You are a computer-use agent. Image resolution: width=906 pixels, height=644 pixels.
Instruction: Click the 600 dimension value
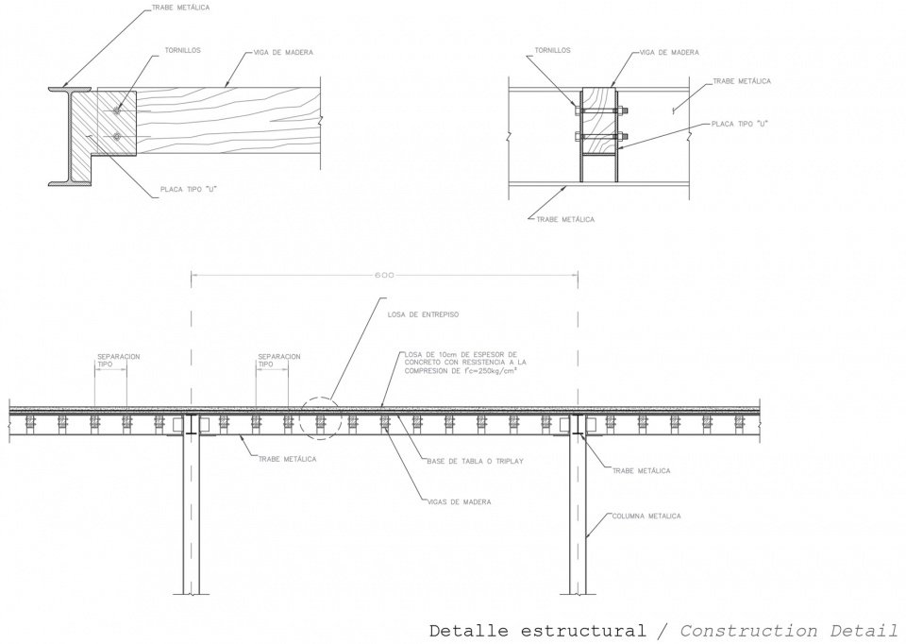(384, 276)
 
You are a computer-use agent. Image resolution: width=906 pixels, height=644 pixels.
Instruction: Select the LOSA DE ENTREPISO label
(423, 314)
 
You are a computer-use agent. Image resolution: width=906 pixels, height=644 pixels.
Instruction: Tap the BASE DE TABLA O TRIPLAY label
(461, 460)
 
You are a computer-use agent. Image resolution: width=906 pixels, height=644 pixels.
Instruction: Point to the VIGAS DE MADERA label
(460, 501)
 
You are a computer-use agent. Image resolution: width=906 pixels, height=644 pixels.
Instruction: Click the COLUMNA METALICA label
(646, 517)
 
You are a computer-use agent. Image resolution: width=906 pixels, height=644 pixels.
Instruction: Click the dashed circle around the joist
(319, 418)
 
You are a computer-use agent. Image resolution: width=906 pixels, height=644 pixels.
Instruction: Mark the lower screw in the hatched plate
(117, 137)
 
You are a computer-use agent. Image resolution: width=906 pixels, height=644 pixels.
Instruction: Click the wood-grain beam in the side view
(226, 121)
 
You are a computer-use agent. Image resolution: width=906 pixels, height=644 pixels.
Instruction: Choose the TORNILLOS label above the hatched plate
(181, 50)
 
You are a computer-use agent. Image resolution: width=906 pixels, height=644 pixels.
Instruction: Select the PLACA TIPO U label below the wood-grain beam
(189, 189)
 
